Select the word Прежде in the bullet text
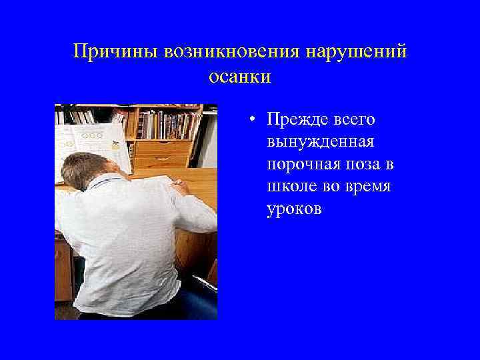tap(295, 119)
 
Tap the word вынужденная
tap(320, 142)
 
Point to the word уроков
tap(294, 209)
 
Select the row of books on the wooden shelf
tap(167, 124)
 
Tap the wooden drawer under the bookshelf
tap(162, 148)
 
